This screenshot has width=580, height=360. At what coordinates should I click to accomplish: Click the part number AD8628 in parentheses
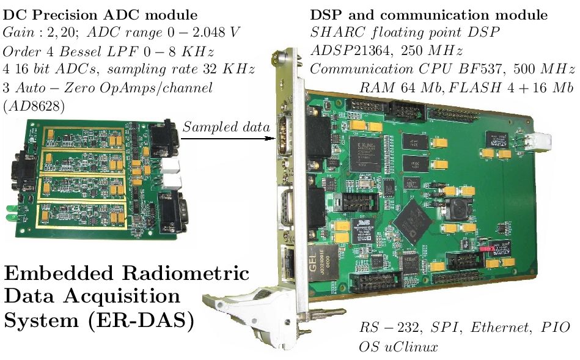click(34, 106)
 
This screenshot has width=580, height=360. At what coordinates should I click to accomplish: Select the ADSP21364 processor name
click(350, 50)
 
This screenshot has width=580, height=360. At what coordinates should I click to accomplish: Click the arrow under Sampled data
click(228, 138)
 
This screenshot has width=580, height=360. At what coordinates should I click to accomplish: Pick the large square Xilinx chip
click(365, 153)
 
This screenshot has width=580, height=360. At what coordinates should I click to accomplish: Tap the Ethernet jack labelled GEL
click(323, 263)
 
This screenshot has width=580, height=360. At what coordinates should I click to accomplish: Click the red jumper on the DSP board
click(486, 249)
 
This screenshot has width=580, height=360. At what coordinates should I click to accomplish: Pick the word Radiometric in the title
click(186, 273)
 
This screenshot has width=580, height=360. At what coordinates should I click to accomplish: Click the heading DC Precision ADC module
click(100, 15)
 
